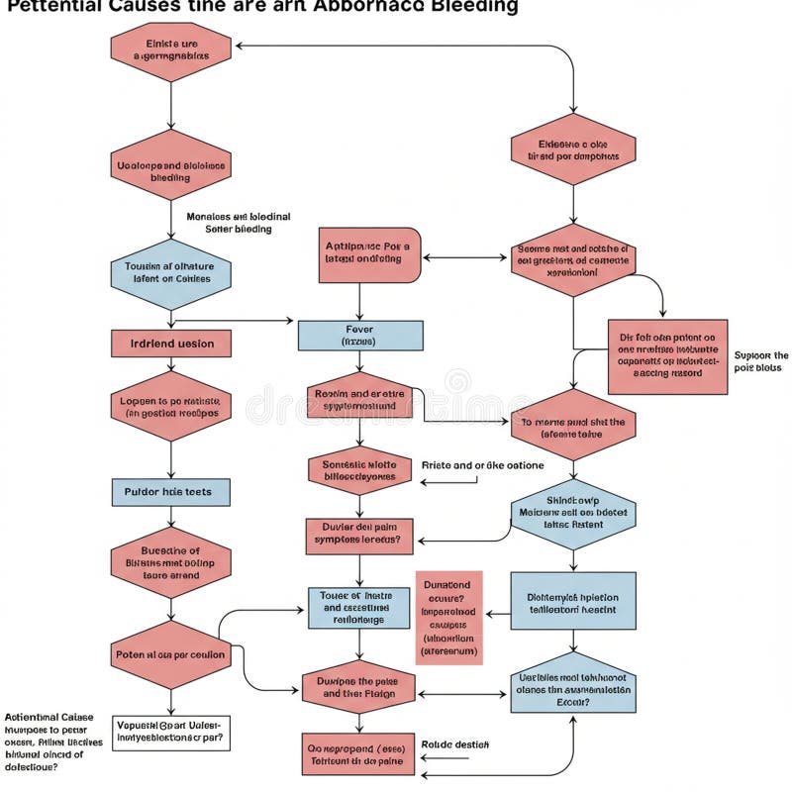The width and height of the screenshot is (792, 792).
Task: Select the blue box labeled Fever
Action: point(359,335)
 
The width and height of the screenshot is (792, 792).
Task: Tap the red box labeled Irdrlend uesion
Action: point(170,343)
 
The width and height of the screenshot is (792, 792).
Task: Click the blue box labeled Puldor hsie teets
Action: point(170,491)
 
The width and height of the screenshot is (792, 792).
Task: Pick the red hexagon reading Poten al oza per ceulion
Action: point(170,654)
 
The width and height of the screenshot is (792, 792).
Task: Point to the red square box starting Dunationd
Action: point(447,617)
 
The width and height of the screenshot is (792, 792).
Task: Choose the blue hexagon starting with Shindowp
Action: point(573,514)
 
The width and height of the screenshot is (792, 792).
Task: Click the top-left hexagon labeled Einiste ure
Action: point(170,50)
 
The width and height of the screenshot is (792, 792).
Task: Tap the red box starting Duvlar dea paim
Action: point(358,535)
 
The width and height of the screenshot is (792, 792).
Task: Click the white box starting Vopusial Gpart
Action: point(170,730)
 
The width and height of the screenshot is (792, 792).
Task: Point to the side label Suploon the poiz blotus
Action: point(760,361)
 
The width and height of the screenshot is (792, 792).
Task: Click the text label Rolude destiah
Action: point(454,744)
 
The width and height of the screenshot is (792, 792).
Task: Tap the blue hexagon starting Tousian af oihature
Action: point(170,272)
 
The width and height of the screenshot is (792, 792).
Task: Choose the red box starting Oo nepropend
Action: point(357,753)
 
